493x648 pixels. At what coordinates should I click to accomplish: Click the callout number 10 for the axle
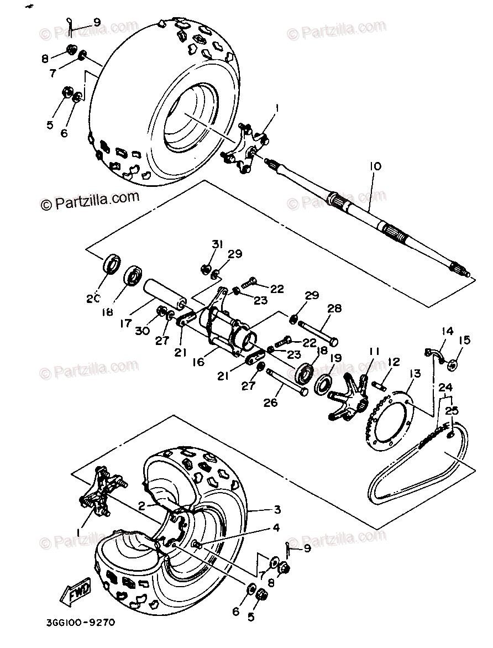(x=375, y=165)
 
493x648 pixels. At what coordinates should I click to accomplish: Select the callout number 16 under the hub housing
(x=198, y=362)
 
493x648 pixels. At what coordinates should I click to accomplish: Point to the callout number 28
(x=335, y=309)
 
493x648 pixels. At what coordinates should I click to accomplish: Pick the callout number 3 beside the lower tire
(x=277, y=509)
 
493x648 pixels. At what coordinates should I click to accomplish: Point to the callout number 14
(x=447, y=332)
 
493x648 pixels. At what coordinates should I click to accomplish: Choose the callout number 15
(x=464, y=340)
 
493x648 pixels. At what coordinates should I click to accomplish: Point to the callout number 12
(x=394, y=363)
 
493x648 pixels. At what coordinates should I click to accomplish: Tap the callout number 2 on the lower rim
(x=142, y=505)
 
